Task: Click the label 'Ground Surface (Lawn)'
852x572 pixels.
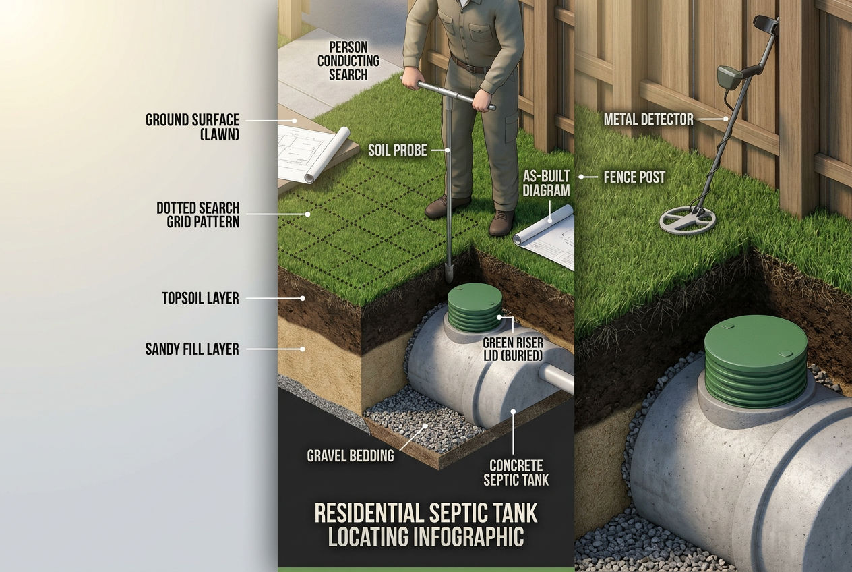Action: click(193, 127)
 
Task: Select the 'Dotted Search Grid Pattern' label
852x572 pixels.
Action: click(197, 214)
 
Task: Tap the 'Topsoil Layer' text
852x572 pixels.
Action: click(200, 298)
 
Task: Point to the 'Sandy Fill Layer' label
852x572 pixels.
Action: click(192, 349)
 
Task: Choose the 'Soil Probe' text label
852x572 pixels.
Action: click(397, 150)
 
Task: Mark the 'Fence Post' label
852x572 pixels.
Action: click(633, 177)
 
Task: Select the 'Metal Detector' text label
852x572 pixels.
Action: click(648, 120)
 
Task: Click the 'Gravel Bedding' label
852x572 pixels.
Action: click(351, 455)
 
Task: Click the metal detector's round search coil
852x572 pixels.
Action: click(688, 217)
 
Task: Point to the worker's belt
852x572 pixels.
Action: click(470, 65)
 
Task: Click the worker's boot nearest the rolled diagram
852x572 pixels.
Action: click(501, 223)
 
